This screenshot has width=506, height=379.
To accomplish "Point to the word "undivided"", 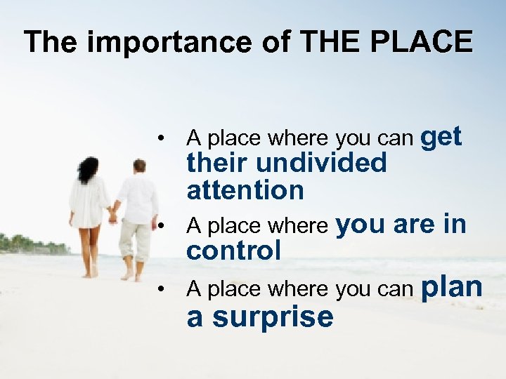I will pyautogui.click(x=320, y=163).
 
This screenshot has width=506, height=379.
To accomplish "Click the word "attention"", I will pyautogui.click(x=245, y=189).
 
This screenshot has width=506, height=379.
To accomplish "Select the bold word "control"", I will pyautogui.click(x=233, y=250).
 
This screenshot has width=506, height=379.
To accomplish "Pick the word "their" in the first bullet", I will pyautogui.click(x=216, y=163).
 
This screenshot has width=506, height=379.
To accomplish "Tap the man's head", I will pyautogui.click(x=139, y=166).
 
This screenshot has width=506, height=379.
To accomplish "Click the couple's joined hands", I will pyautogui.click(x=112, y=218).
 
